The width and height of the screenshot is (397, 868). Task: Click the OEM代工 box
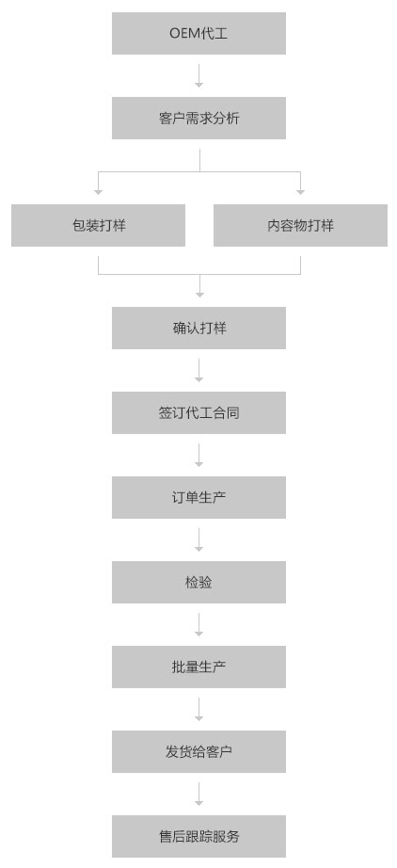tap(198, 33)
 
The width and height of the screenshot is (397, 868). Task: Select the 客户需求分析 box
tap(198, 118)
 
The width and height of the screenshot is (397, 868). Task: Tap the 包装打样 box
tap(98, 225)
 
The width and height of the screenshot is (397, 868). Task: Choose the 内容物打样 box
tap(300, 225)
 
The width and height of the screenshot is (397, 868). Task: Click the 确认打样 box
tap(198, 328)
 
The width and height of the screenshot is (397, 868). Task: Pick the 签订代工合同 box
tap(198, 412)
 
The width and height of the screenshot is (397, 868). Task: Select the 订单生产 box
tap(198, 497)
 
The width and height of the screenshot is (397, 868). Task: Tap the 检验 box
tap(198, 582)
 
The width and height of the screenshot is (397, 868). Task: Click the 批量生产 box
tap(198, 667)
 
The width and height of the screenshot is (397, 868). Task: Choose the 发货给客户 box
tap(198, 751)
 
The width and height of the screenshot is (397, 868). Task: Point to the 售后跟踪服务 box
tap(198, 836)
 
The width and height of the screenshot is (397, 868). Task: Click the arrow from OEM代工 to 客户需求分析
tap(199, 76)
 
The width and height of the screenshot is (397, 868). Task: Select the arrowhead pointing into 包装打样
tap(99, 191)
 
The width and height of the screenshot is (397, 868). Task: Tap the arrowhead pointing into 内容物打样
tap(300, 191)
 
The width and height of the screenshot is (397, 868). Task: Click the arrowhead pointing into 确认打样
tap(199, 294)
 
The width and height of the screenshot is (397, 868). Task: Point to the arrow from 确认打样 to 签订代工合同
tap(199, 370)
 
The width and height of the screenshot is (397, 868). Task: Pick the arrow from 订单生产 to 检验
tap(199, 539)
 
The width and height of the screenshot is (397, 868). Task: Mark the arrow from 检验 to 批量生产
tap(199, 624)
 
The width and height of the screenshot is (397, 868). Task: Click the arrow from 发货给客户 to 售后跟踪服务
tap(199, 794)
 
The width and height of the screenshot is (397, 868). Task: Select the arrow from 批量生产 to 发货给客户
tap(199, 709)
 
